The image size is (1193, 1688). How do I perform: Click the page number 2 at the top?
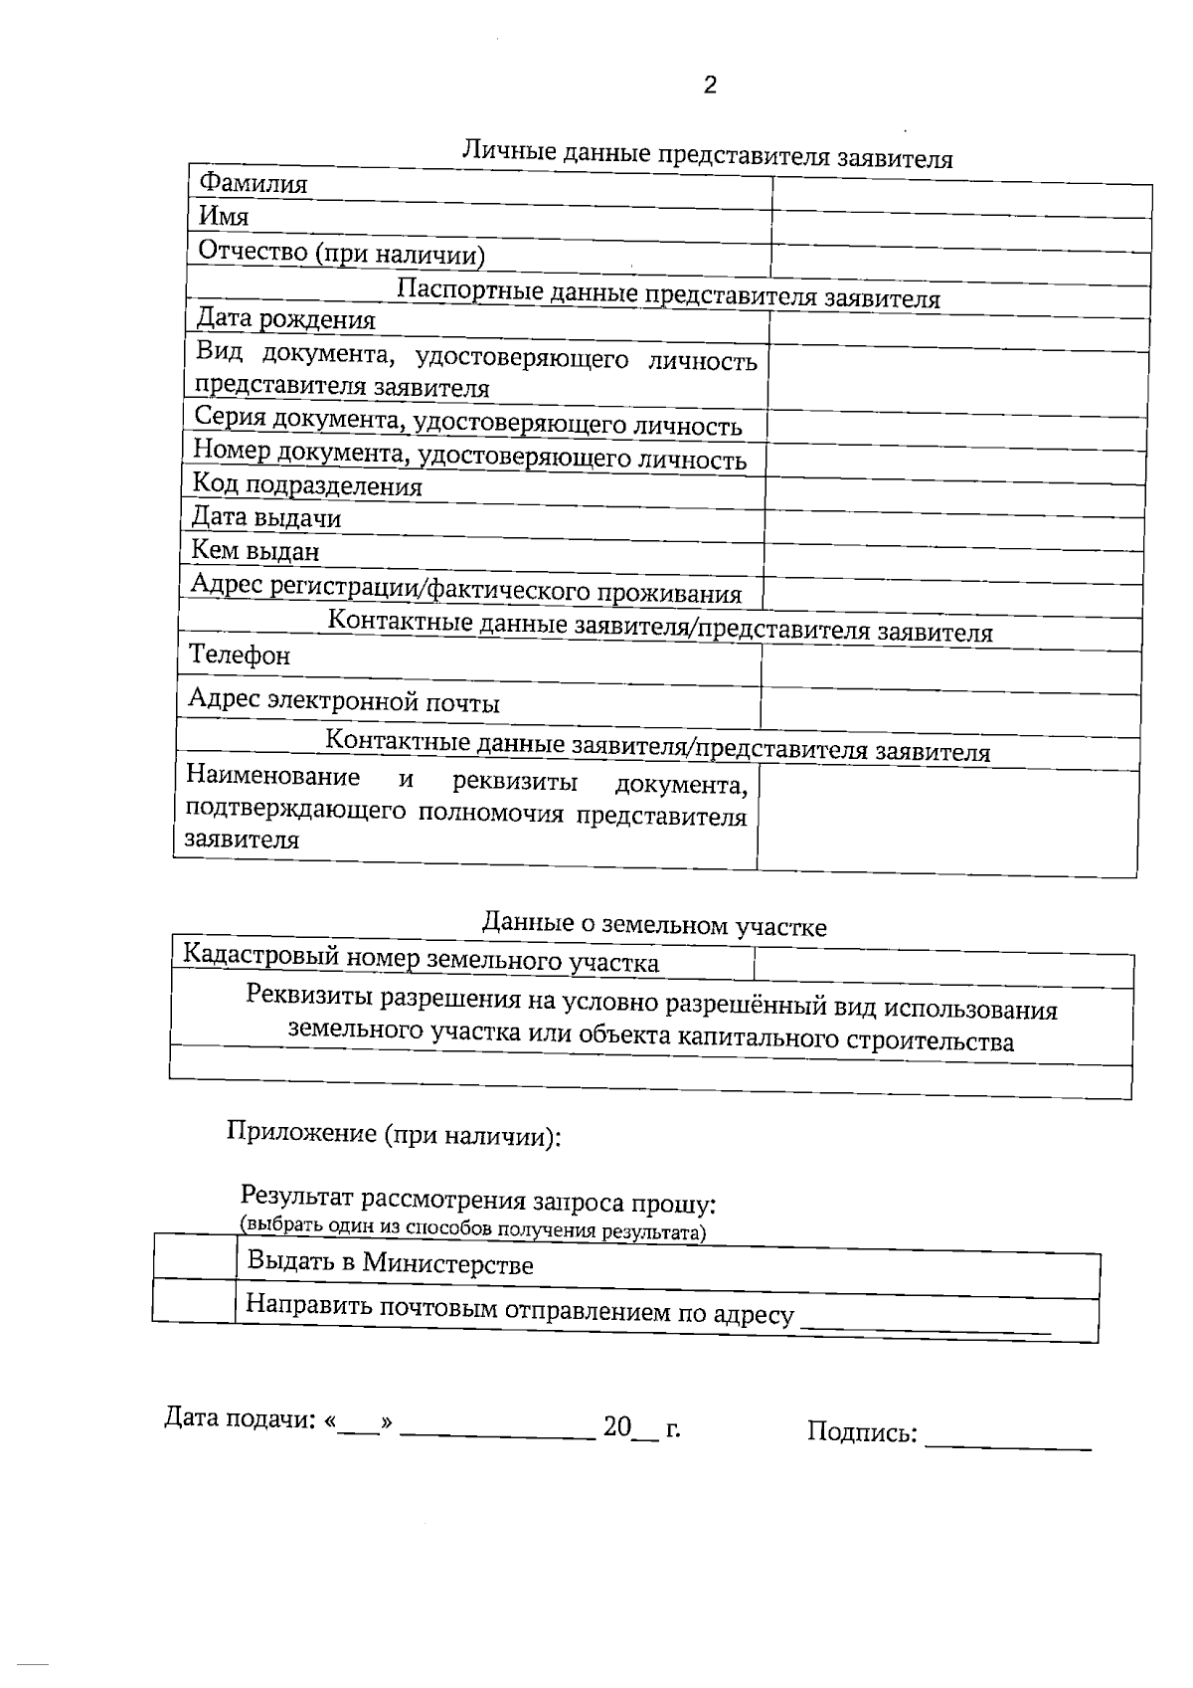point(710,86)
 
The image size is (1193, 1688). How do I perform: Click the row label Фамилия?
point(254,184)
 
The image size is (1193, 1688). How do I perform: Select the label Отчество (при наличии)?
point(341,254)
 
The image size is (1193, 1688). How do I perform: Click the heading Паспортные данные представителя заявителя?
point(668,294)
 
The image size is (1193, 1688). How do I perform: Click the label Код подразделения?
point(307,485)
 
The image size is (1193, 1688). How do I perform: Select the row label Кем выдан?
point(256,551)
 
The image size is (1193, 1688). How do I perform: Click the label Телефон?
point(240,656)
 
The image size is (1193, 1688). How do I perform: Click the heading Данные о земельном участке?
point(654,924)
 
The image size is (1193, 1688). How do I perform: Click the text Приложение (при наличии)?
point(394,1134)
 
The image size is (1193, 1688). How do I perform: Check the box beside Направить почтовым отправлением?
point(194,1301)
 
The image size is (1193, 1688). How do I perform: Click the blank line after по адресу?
point(925,1323)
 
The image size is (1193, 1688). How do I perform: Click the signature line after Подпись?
point(1007,1440)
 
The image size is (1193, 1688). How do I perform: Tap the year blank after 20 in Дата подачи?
point(645,1432)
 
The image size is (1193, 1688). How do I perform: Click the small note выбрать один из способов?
point(472,1229)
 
